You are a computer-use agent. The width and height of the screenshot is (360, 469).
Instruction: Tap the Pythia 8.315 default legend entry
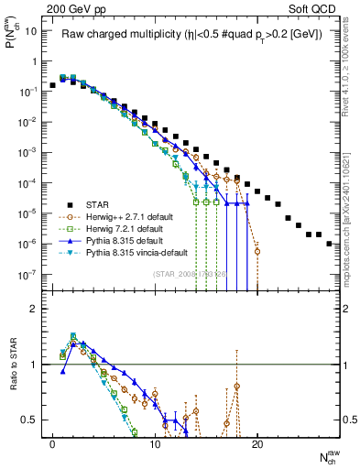(x=127, y=244)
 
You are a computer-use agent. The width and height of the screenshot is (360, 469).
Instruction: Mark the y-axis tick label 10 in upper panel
(x=31, y=31)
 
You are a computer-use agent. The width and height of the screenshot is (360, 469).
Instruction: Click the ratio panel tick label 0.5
(x=29, y=420)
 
